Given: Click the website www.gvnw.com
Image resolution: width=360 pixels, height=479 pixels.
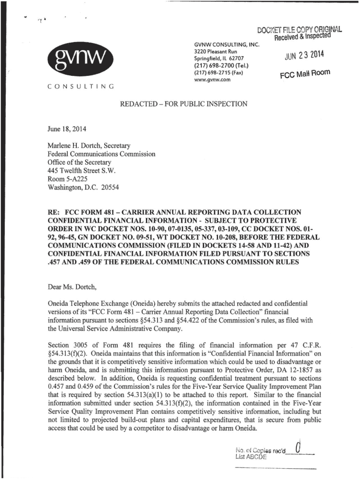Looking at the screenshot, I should [211, 80].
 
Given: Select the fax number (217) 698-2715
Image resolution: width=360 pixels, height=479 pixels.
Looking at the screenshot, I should [216, 73].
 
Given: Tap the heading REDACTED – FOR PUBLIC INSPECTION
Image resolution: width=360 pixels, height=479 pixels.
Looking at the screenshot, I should [183, 104].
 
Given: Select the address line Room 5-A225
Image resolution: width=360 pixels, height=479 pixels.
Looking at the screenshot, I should [68, 179].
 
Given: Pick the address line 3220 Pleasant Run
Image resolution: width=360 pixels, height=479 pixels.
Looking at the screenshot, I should [216, 51].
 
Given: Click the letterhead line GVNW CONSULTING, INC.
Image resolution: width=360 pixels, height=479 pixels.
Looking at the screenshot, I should [226, 44].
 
